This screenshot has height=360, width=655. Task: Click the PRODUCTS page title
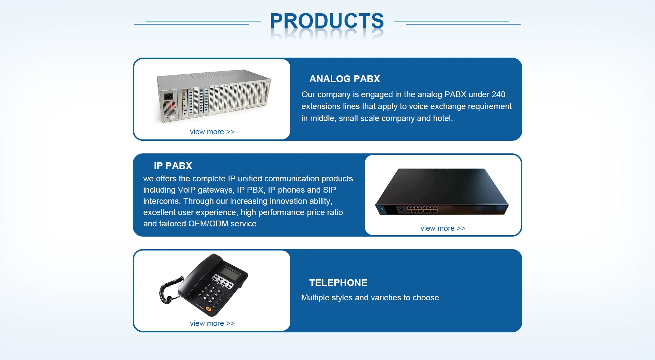pos(327,21)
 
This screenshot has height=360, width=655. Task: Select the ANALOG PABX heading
pos(344,79)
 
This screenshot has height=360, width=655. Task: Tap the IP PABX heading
pos(173,166)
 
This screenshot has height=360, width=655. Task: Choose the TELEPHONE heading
pos(338,283)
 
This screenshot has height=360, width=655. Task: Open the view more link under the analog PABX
pos(212,132)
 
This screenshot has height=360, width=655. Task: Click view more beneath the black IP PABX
pos(442,228)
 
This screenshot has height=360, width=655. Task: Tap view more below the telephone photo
pos(212,324)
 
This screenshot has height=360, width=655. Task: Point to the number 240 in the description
pos(498,95)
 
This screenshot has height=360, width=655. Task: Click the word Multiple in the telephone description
pos(316,298)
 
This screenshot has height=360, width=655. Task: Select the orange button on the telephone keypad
pos(208,309)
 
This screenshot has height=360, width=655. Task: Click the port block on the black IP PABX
pos(422,209)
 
